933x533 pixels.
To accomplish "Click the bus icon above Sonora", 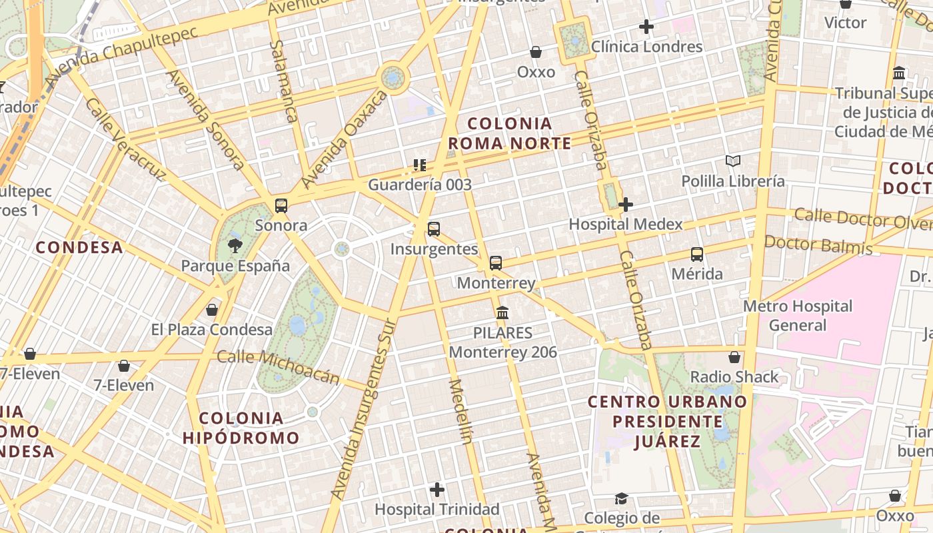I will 281,205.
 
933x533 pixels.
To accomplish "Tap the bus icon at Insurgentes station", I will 434,229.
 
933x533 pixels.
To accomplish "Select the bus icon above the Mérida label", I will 697,254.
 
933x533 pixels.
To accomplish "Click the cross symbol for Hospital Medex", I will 625,205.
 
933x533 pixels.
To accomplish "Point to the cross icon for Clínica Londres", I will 646,27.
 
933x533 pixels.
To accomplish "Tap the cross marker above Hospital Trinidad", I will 437,490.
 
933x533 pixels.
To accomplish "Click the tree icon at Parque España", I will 235,246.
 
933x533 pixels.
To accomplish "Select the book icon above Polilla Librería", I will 733,161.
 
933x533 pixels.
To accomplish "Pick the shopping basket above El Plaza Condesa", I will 212,310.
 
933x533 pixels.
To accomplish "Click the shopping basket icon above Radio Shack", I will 734,357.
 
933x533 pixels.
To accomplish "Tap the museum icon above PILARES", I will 502,312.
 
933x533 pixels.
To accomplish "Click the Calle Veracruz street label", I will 125,141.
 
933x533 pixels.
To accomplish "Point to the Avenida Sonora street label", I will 206,119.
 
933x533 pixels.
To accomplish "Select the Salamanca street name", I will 285,81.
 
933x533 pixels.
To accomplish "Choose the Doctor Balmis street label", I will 818,245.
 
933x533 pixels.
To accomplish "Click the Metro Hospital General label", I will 798,316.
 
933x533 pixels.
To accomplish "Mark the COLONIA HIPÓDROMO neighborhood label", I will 241,428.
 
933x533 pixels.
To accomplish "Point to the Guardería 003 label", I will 420,185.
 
